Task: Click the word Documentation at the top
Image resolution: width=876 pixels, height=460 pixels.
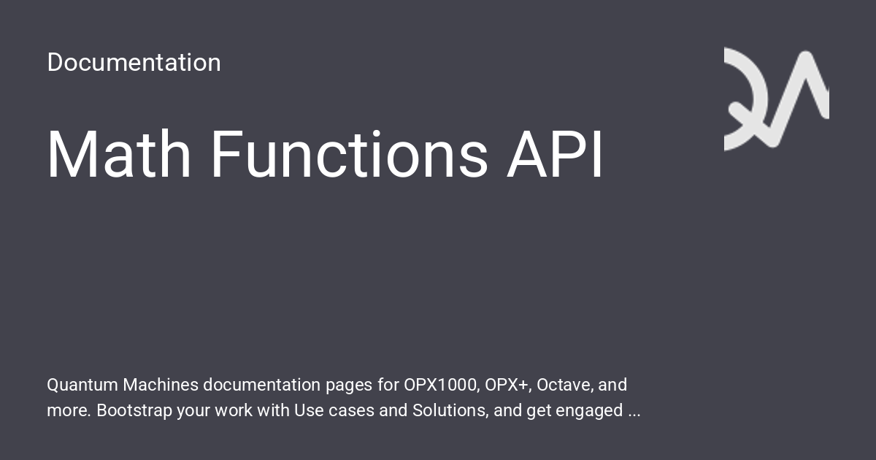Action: click(x=134, y=63)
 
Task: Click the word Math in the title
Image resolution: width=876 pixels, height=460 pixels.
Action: click(x=119, y=155)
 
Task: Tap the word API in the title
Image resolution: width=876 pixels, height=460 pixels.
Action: click(x=555, y=155)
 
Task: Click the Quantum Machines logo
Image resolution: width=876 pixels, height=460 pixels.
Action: click(x=776, y=99)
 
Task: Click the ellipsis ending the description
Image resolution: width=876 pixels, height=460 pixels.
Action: click(x=634, y=412)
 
